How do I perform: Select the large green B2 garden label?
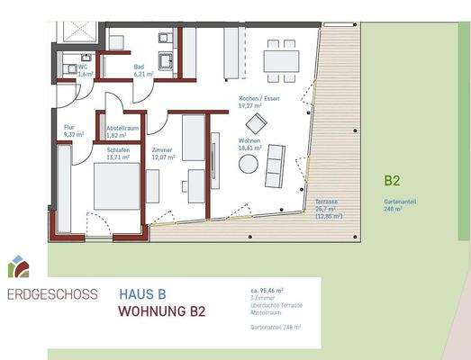pyautogui.click(x=392, y=180)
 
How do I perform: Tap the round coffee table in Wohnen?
pyautogui.click(x=248, y=165)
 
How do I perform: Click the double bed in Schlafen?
pyautogui.click(x=115, y=184)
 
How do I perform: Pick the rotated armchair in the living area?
pyautogui.click(x=257, y=123)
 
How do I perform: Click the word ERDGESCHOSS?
pyautogui.click(x=52, y=293)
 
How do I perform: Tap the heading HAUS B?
pyautogui.click(x=142, y=293)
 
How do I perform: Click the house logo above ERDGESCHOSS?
pyautogui.click(x=18, y=265)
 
